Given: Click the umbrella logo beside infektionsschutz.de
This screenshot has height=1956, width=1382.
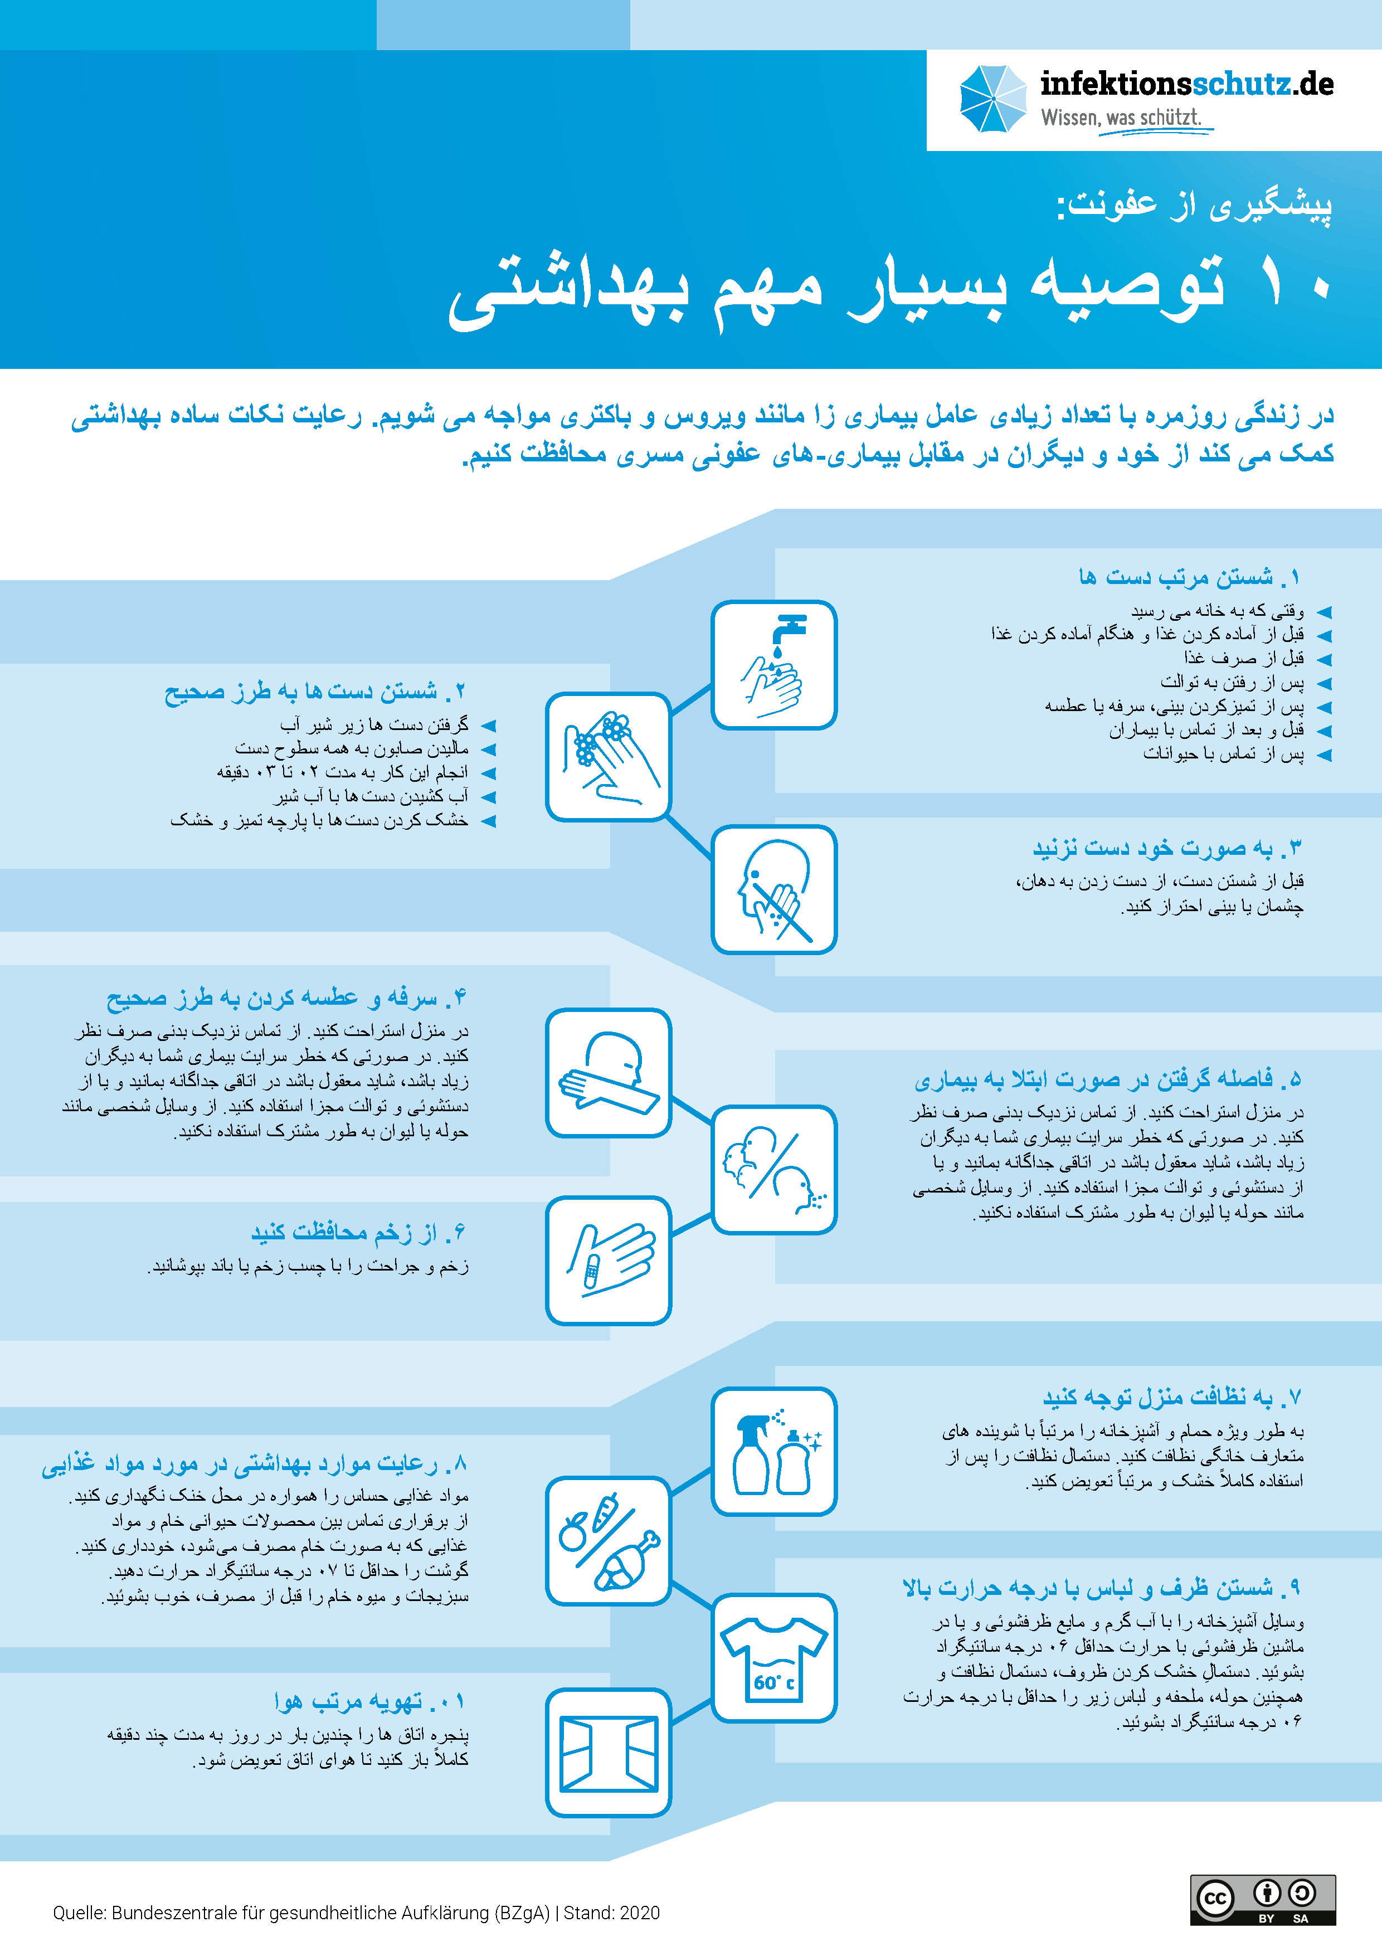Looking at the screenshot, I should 992,99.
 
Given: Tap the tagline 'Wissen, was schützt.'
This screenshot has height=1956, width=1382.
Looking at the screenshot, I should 1121,118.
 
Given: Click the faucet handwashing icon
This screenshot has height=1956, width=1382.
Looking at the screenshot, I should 773,664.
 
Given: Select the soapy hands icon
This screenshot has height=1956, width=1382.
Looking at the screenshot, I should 609,757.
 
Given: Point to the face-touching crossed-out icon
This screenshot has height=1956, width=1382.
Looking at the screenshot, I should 773,889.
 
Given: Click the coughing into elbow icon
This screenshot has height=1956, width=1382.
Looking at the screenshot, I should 609,1073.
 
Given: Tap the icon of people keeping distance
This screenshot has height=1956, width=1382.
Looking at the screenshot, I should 773,1169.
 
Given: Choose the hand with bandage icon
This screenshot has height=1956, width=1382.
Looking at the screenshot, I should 609,1260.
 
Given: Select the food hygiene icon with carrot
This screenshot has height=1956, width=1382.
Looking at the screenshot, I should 609,1541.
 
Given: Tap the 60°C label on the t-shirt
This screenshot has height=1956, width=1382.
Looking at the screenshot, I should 773,1682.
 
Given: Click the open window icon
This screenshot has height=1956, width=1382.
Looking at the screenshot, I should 609,1753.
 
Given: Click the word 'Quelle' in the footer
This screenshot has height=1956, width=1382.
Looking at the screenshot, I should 79,1913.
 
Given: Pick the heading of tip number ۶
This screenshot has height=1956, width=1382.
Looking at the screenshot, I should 358,1232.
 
